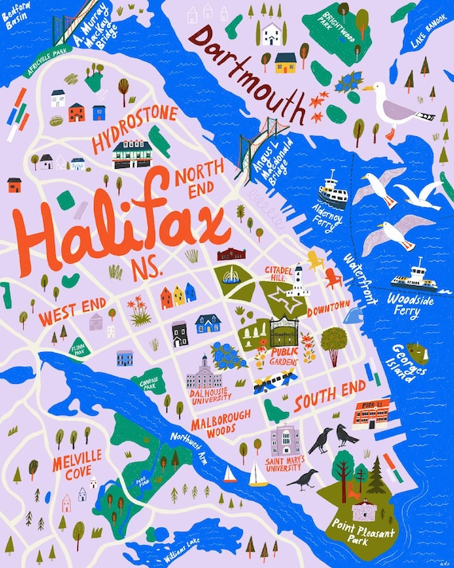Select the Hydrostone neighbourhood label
tap(134, 130)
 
